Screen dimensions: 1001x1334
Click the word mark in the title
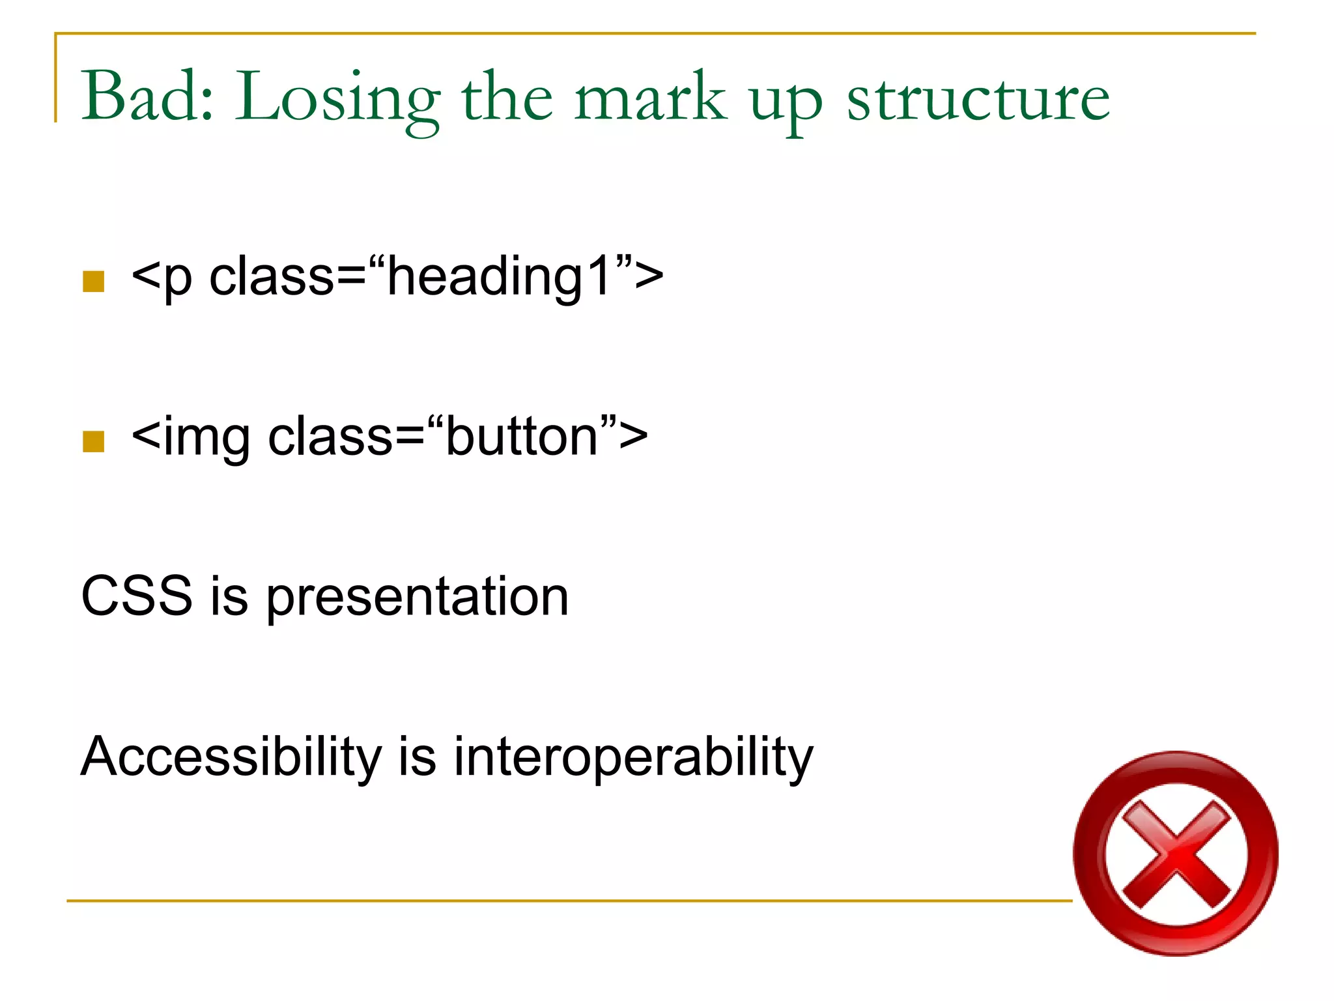click(x=649, y=98)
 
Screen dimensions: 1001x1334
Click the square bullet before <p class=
click(x=94, y=282)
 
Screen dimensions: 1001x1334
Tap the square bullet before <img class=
click(x=94, y=441)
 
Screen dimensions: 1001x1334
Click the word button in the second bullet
click(x=521, y=437)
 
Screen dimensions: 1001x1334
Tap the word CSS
click(x=137, y=596)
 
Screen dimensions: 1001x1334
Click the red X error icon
click(x=1175, y=854)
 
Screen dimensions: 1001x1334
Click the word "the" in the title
click(x=507, y=98)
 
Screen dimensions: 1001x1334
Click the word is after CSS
click(x=229, y=596)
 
